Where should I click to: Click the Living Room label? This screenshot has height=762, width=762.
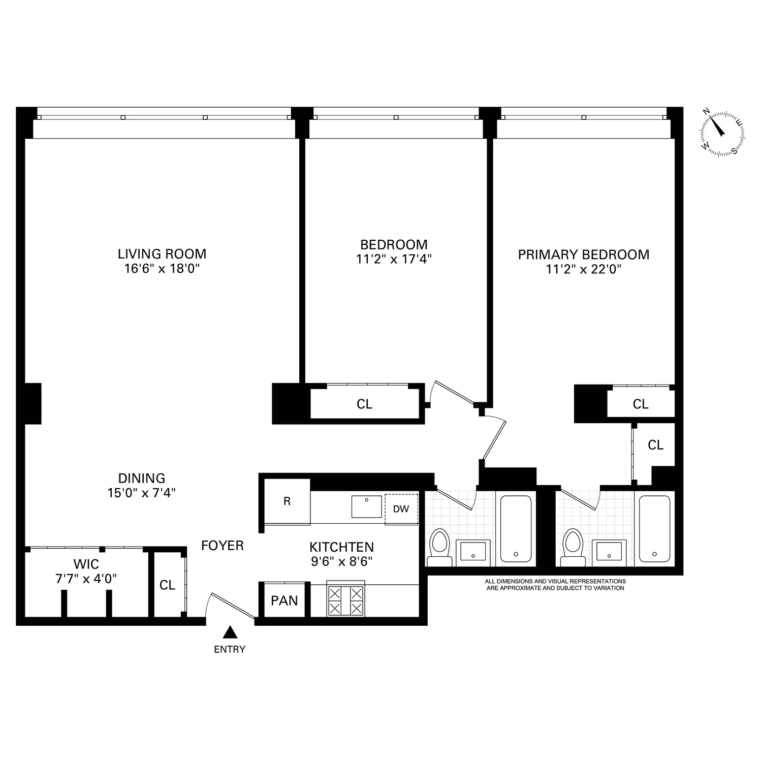coord(162,254)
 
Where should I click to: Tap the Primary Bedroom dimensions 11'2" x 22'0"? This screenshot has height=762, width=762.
coord(584,269)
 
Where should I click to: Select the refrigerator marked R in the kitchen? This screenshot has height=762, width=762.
coord(287,501)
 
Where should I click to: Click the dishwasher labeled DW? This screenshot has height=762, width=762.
coord(401,509)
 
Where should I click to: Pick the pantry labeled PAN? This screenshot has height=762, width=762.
coord(284,600)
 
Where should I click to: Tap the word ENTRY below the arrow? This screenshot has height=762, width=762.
coord(230,649)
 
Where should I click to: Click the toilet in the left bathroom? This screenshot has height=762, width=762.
coord(439,548)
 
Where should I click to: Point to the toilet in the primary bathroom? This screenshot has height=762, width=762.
coord(573,548)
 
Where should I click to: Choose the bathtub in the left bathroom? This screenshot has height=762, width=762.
coord(516,528)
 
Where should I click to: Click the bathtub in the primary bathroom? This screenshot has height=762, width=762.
coord(654,528)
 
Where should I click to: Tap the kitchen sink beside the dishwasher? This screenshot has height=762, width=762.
coord(366,506)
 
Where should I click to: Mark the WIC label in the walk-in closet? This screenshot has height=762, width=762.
coord(86,564)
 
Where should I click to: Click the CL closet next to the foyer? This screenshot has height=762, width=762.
coord(167,585)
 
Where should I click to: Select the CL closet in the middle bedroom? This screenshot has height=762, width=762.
coord(364,404)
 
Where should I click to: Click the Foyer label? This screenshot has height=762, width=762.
coord(223,546)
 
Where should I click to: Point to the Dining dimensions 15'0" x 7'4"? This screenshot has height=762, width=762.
coord(142,492)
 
